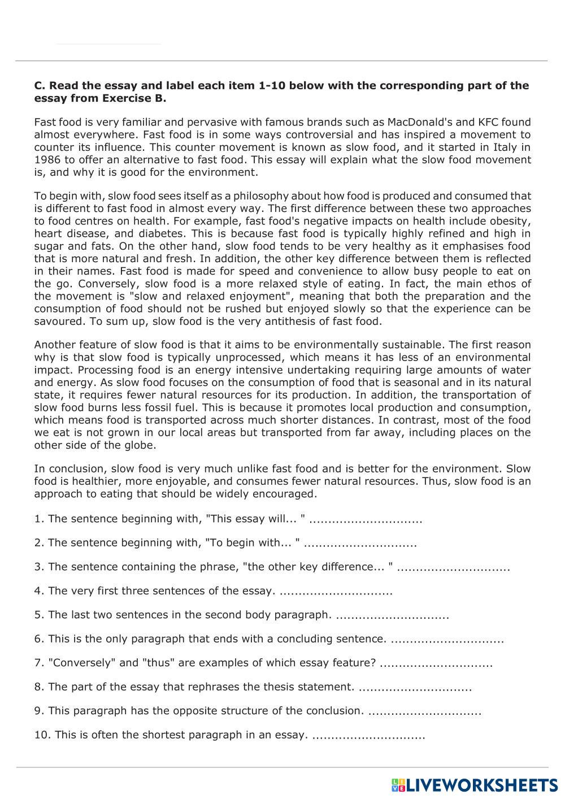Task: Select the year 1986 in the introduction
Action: pos(46,159)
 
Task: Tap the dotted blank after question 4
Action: pos(336,591)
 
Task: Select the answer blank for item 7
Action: pos(436,663)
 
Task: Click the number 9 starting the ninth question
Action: pos(37,711)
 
